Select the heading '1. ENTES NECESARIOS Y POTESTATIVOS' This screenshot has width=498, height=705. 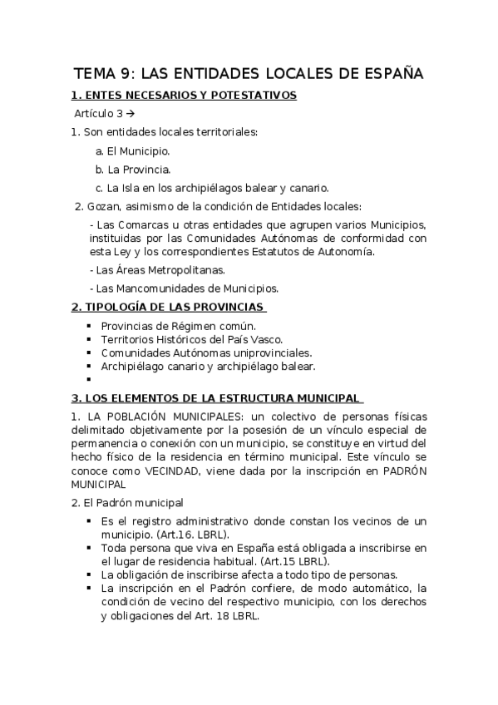tap(184, 96)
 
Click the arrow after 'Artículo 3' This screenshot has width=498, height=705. tap(131, 114)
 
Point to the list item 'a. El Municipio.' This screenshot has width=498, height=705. tap(133, 150)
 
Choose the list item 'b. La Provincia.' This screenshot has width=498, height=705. tap(133, 169)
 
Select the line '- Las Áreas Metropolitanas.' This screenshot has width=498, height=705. tap(160, 270)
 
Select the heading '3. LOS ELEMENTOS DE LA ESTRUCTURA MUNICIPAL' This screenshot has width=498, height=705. tap(215, 397)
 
